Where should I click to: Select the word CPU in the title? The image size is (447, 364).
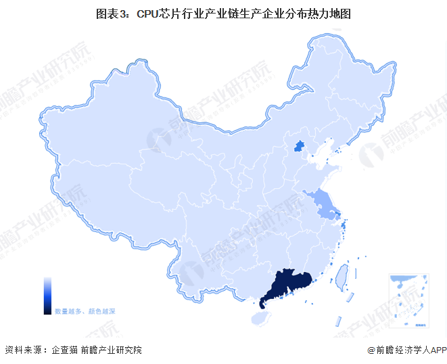148,13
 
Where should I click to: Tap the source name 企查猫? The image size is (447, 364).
62,350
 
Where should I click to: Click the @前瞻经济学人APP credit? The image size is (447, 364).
404,350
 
